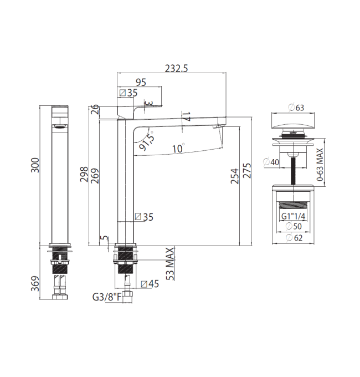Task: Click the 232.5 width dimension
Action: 176,69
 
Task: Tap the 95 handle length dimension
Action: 141,82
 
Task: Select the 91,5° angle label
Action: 147,141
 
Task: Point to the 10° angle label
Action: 178,148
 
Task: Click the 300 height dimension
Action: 35,165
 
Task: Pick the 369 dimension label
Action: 35,283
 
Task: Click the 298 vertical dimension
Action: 84,174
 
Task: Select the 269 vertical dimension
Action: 95,176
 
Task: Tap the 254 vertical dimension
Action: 235,176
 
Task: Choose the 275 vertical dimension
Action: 247,171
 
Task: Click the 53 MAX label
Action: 170,264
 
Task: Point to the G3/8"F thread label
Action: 107,297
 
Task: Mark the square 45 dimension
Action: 150,284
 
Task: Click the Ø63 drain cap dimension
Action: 296,108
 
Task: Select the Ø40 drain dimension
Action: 271,162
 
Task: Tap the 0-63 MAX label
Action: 320,165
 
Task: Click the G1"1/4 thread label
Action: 293,216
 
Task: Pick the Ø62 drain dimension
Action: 294,238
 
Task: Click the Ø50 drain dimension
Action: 294,226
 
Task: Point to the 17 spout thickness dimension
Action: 186,116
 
